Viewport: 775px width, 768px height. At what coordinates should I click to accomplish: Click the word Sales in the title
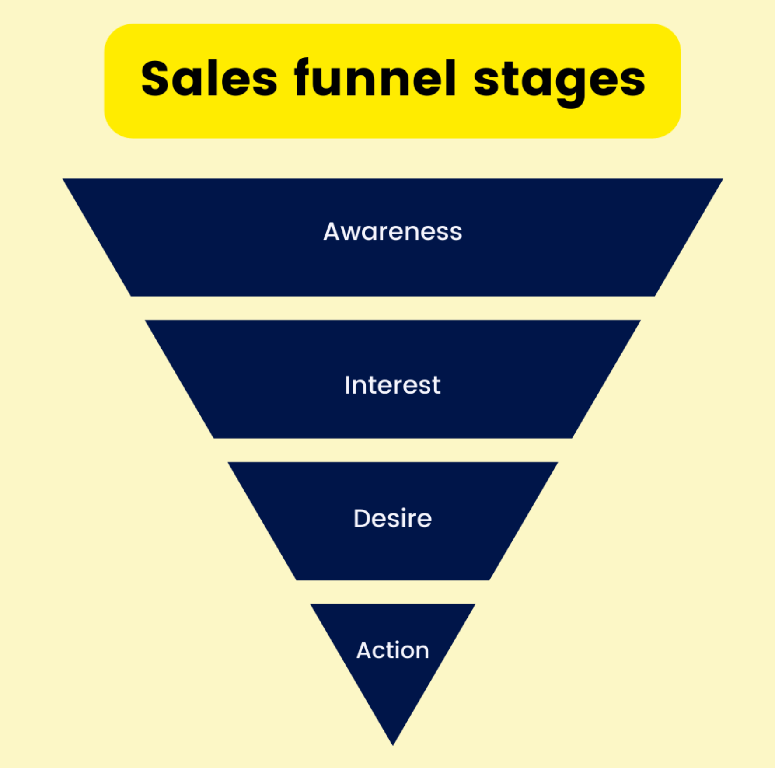pos(209,79)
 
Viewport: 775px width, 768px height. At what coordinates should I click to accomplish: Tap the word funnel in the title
pos(375,79)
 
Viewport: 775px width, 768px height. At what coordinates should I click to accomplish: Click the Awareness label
pos(392,231)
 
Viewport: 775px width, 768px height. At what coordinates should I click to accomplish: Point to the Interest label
pos(392,385)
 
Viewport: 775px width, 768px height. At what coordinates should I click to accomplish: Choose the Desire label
pos(392,519)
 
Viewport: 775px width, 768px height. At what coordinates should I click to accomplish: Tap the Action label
pos(392,650)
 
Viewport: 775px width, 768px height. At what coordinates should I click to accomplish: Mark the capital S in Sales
pos(155,79)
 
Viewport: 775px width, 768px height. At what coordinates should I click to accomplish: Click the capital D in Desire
pos(363,519)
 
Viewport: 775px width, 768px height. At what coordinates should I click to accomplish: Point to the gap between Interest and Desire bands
pos(392,450)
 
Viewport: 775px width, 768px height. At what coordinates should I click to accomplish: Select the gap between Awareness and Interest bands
pos(392,308)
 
